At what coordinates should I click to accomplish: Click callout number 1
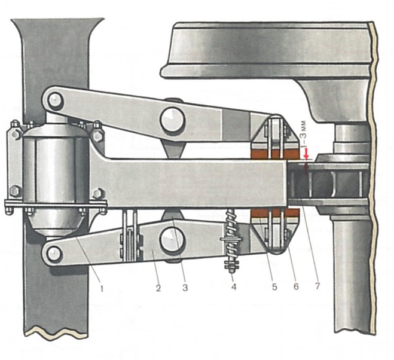tap(102, 289)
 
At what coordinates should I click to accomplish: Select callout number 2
tap(158, 288)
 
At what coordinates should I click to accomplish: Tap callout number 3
tap(185, 288)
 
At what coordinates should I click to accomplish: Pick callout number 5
tap(274, 286)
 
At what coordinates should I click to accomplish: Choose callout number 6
tap(296, 286)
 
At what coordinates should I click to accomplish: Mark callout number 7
tap(317, 286)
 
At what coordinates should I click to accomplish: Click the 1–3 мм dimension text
tap(304, 136)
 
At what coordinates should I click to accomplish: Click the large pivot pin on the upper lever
tap(173, 119)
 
